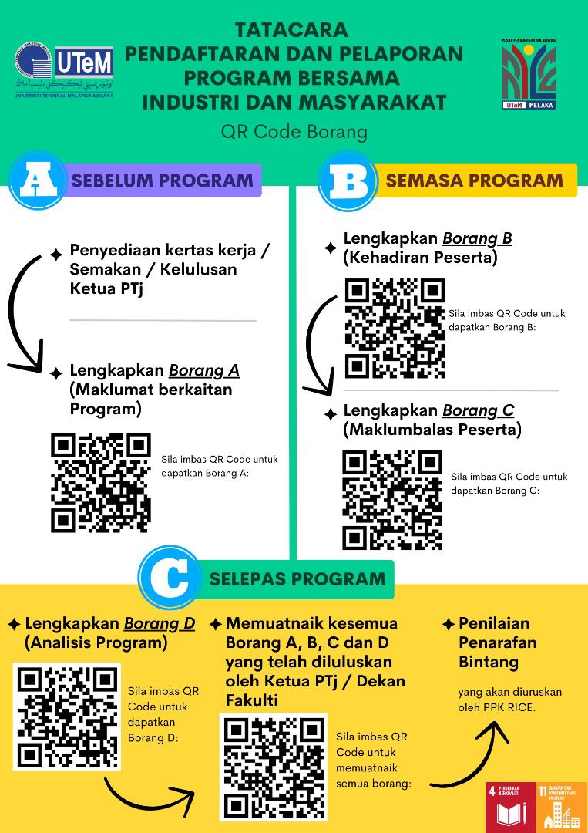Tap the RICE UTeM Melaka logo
point(529,73)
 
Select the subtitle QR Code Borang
point(294,132)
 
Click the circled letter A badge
point(35,180)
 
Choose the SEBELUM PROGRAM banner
point(162,180)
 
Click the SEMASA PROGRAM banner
point(474,180)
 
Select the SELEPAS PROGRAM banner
point(297,578)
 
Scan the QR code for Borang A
point(101,482)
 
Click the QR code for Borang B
point(395,329)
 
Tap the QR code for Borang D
point(67,717)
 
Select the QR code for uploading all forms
point(274,767)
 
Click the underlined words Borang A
point(203,370)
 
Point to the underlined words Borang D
point(160,622)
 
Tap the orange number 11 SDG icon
point(562,807)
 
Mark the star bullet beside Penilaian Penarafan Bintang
point(448,624)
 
